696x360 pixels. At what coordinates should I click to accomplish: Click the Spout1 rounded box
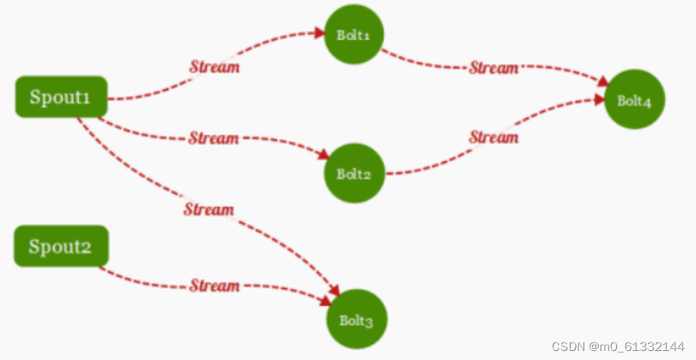point(61,97)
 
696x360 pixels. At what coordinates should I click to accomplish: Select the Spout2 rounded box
point(61,246)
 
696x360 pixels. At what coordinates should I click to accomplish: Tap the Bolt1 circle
point(354,35)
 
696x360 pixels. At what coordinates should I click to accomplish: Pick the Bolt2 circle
point(354,174)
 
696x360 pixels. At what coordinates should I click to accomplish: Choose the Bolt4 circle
point(634,100)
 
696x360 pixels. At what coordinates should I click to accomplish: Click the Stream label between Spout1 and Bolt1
point(214,67)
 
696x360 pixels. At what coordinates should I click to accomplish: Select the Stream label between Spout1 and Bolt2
point(214,138)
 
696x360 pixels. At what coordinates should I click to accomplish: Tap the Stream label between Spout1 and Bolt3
point(209,209)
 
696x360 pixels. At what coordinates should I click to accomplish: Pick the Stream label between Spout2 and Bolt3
point(214,286)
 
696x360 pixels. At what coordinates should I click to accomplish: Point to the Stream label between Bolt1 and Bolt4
point(494,68)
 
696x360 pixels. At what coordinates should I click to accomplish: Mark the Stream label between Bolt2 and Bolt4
point(494,137)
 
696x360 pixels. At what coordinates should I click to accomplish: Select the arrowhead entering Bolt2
point(323,154)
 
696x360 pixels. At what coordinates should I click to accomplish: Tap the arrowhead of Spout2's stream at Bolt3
point(325,300)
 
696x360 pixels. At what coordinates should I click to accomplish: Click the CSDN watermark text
point(617,346)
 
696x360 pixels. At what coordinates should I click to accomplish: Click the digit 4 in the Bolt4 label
point(646,102)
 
